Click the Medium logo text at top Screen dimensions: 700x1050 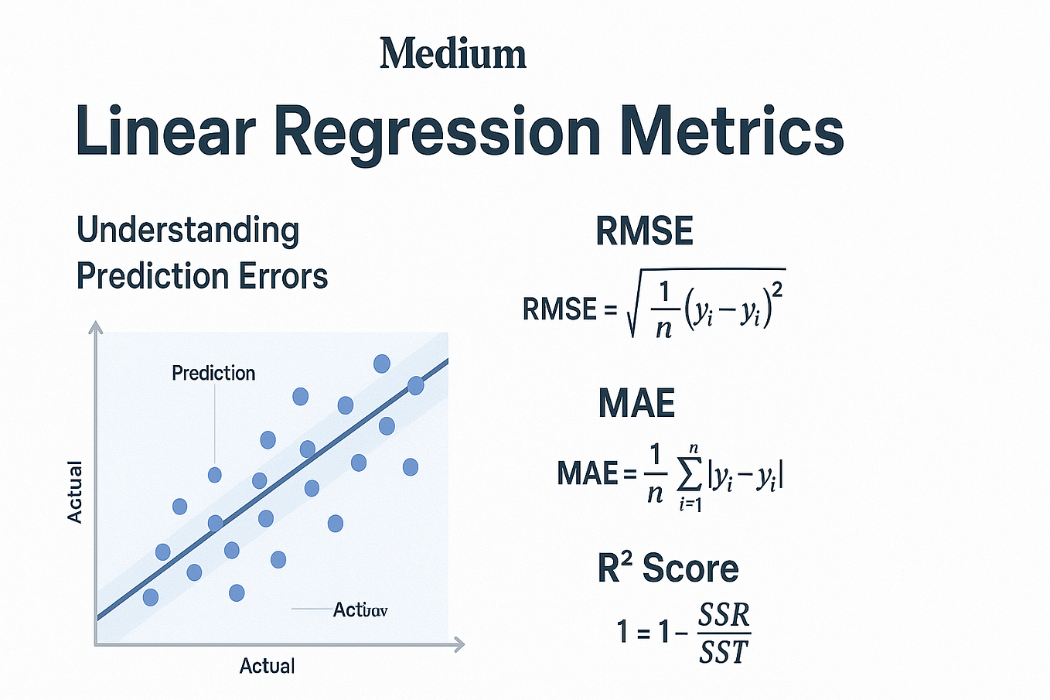(x=452, y=54)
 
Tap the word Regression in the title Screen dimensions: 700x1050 (x=437, y=131)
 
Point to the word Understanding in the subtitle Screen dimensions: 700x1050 (x=188, y=231)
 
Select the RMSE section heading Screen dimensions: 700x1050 (x=644, y=231)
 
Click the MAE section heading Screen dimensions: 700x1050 (x=636, y=403)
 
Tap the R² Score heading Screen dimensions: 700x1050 (x=668, y=569)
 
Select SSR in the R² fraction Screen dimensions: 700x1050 (x=724, y=616)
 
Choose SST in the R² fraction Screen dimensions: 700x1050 (x=724, y=652)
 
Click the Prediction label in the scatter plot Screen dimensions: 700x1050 (x=213, y=373)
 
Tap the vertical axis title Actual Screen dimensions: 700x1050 (x=74, y=492)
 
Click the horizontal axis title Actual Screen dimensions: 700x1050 (x=267, y=666)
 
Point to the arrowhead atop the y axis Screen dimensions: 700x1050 (x=96, y=326)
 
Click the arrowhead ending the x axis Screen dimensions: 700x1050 (x=459, y=644)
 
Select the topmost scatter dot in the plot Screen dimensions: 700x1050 (x=382, y=364)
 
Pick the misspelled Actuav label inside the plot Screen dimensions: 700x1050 (x=360, y=610)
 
